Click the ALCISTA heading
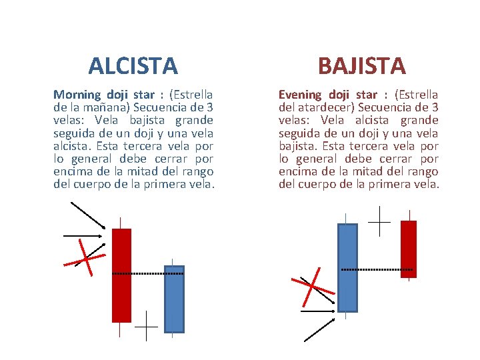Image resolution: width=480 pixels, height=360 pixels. pos(133,66)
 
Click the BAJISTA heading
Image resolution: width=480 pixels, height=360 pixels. pos(361,66)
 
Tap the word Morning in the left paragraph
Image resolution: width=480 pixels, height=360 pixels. pos(77,95)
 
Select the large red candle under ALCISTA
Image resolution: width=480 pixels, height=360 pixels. pos(121,275)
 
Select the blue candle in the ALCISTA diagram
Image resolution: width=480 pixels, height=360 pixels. pos(173,299)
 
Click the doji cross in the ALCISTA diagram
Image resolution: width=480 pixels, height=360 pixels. pos(146,328)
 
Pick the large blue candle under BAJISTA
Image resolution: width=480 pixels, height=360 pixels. pos(347,267)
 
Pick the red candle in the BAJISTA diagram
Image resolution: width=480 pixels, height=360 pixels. pos(408,248)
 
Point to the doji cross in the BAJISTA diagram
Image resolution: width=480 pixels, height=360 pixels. pos(379,221)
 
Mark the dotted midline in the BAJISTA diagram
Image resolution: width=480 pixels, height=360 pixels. pos(377,269)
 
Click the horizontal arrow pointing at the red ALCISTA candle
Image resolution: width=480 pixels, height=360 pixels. pos(83,235)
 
